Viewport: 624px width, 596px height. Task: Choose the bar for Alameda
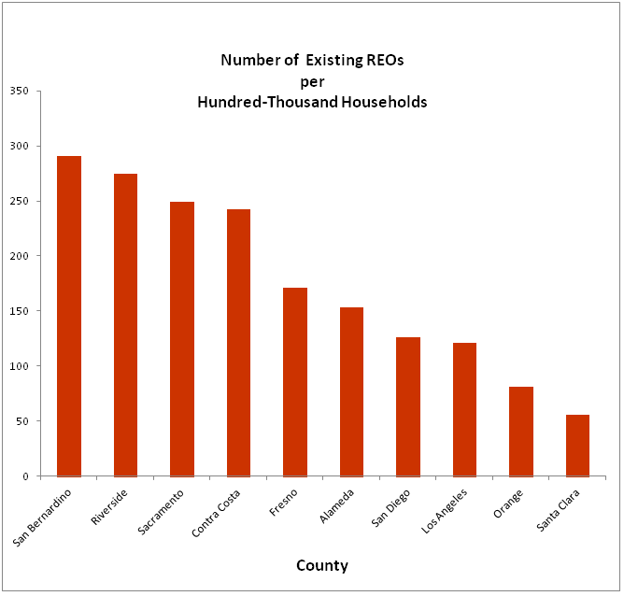(x=351, y=391)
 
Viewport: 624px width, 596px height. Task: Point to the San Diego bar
(x=408, y=406)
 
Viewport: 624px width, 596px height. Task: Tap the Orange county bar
(x=521, y=431)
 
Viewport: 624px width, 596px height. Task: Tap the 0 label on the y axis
(x=26, y=476)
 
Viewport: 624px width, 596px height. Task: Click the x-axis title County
(x=322, y=565)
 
